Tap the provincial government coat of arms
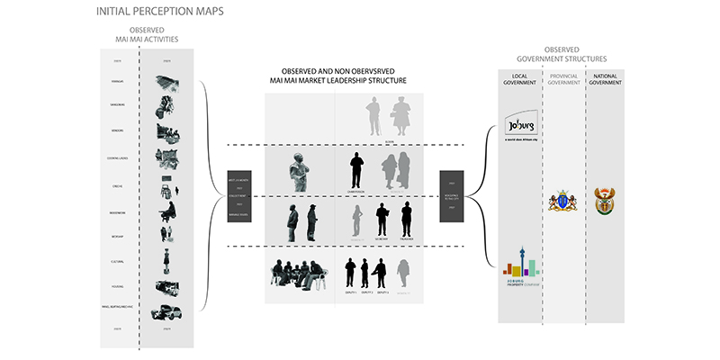click(560, 200)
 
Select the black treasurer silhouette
click(406, 220)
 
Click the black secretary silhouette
click(382, 220)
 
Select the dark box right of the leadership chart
click(450, 195)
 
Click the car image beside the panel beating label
click(166, 312)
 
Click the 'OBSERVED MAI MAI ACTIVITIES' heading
click(147, 36)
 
